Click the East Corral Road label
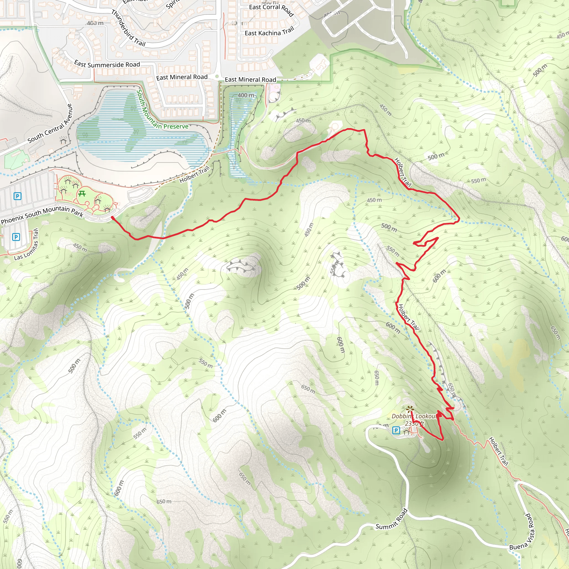tap(271, 9)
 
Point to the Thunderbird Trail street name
tap(128, 28)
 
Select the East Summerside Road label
tap(107, 64)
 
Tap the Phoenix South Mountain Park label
tap(42, 214)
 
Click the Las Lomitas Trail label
tap(26, 245)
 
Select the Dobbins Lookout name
tap(414, 416)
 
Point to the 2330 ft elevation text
tap(414, 423)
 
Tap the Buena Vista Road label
tap(523, 533)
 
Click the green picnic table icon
tap(82, 194)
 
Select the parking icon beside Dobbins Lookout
tap(396, 431)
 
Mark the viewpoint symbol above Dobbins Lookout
tap(409, 409)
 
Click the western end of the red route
tap(113, 218)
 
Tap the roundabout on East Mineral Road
tap(217, 77)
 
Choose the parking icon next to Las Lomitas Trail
tap(16, 237)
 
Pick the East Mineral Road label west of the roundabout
tap(182, 77)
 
